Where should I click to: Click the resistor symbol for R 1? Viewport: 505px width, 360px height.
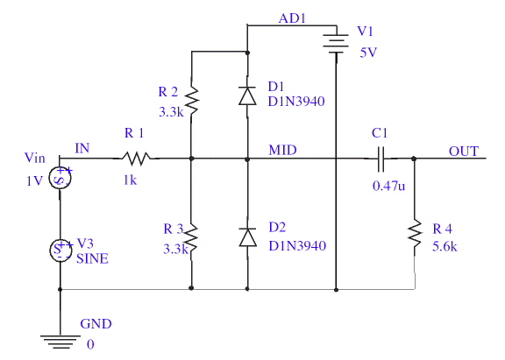[136, 159]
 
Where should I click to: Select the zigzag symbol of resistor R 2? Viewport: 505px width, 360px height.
[192, 101]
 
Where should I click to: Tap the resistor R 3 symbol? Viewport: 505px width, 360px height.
[191, 238]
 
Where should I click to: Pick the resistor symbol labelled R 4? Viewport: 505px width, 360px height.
[415, 234]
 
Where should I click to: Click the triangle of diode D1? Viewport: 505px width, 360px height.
[247, 95]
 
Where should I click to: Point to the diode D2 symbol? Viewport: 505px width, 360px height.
[247, 237]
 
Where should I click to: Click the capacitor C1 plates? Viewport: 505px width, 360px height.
[381, 159]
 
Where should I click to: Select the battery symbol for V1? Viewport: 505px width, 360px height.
[337, 44]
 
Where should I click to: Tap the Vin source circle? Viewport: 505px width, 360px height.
[60, 178]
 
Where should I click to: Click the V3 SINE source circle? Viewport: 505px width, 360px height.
[60, 251]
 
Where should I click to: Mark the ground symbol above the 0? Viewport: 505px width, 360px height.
[60, 342]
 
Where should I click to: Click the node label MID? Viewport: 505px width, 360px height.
[282, 151]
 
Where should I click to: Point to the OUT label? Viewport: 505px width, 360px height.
[464, 152]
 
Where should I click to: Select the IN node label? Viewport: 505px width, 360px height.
[82, 148]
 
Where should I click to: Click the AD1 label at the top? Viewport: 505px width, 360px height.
[292, 18]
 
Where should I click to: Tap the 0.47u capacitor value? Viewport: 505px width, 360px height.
[388, 186]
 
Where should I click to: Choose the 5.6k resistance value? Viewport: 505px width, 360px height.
[445, 247]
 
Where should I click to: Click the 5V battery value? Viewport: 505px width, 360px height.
[368, 53]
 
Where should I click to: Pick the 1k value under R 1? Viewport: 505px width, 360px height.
[130, 180]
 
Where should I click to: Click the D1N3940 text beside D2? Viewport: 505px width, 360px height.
[297, 246]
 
